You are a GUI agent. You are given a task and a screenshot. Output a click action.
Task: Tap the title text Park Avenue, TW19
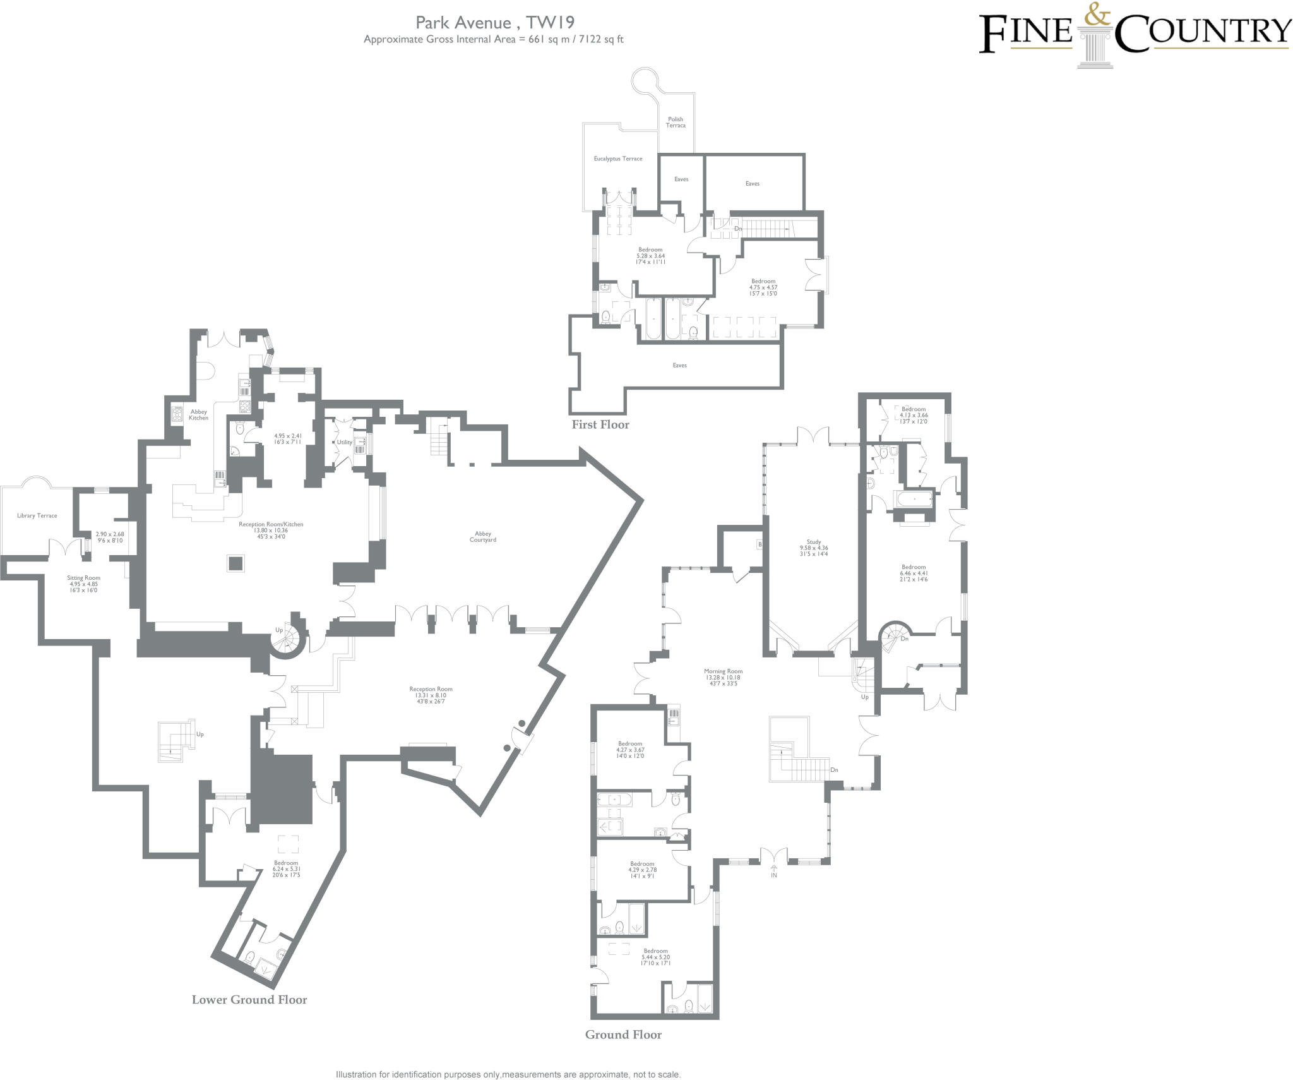494,23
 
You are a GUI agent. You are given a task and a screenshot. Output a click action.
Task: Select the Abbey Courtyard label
483,537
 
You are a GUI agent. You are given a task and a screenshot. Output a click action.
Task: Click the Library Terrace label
37,515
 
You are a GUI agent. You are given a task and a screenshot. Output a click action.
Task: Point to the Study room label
814,542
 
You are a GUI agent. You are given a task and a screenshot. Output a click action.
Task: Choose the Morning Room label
724,671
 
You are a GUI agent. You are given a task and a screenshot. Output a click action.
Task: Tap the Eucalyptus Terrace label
618,159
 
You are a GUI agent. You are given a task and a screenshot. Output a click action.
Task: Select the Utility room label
344,442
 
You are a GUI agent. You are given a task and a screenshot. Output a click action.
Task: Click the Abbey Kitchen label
198,414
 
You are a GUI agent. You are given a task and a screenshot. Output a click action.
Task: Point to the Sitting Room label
84,577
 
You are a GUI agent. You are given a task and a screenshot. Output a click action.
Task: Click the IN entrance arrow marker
774,872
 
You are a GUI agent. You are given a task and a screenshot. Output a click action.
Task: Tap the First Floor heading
600,424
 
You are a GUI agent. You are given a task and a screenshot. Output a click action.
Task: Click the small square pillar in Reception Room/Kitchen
236,563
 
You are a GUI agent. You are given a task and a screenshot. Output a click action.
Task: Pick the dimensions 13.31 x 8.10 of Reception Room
431,695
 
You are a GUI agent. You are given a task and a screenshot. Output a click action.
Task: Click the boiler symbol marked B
760,544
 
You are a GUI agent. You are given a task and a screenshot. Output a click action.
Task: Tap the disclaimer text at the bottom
508,1074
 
